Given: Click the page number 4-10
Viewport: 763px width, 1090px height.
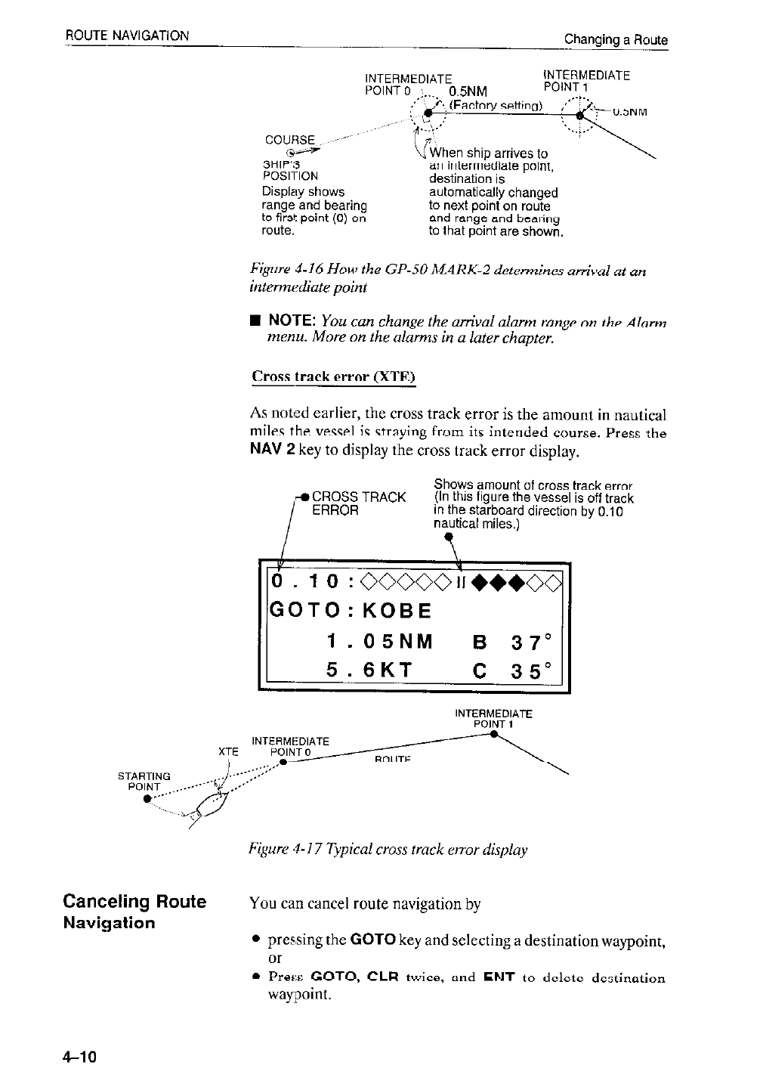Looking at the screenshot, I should pyautogui.click(x=78, y=1056).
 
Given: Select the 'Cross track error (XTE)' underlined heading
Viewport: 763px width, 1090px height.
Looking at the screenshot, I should pyautogui.click(x=333, y=376).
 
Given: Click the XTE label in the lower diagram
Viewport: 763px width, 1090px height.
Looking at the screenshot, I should pyautogui.click(x=228, y=752).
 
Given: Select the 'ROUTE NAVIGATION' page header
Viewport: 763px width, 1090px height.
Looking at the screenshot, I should pyautogui.click(x=126, y=35).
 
